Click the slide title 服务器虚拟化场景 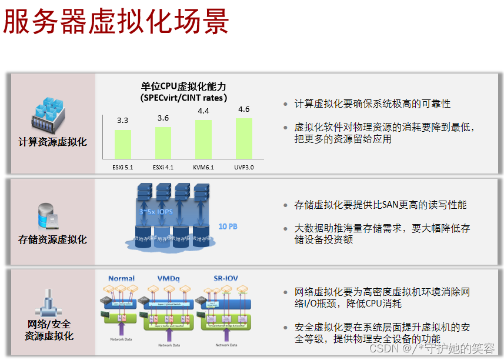pos(116,22)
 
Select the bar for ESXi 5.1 pos(122,144)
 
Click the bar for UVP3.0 pos(243,138)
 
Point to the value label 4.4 pos(203,111)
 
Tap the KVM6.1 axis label pos(203,168)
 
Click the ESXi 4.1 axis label pos(163,168)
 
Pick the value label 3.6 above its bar pos(163,118)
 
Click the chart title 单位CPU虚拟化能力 pos(183,86)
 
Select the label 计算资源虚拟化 pos(52,142)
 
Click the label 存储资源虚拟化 pos(52,239)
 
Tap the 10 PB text pos(228,226)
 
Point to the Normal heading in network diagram pos(121,278)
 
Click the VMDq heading pos(169,278)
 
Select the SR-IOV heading pos(225,278)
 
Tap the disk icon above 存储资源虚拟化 pos(47,216)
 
